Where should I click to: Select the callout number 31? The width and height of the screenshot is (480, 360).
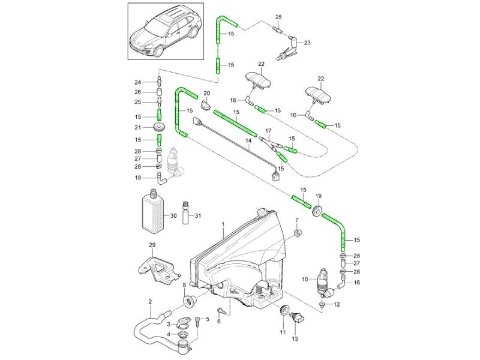coord(199,216)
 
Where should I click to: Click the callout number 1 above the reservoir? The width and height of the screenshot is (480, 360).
coord(223,225)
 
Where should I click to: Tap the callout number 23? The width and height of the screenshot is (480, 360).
coord(307,43)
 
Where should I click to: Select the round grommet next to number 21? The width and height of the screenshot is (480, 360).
coord(159,128)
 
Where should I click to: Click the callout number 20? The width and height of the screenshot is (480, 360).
coord(206,94)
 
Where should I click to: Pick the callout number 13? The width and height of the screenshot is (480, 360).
coord(295,339)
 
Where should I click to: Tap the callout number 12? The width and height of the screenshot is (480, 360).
coord(337,305)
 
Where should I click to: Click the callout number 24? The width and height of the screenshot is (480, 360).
coord(137,82)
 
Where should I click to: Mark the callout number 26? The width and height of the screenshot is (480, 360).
coord(137,92)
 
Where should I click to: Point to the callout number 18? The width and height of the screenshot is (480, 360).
coord(137,178)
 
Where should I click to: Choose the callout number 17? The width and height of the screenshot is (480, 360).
coord(268,131)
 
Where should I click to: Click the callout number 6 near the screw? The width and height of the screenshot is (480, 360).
coord(218,322)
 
